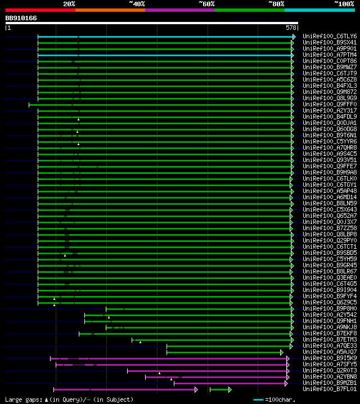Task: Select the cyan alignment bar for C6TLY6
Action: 169,37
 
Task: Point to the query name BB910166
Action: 21,18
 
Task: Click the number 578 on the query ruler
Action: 291,28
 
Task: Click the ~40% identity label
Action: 137,4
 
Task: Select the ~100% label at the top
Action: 344,4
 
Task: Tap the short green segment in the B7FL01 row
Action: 219,389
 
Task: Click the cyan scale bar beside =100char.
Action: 259,399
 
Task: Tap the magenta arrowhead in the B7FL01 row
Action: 196,389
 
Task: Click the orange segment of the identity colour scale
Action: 110,10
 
